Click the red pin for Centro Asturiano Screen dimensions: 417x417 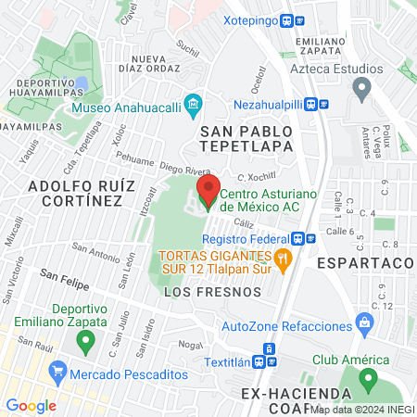[207, 193]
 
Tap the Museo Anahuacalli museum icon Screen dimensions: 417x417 [193, 102]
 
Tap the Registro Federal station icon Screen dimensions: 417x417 [310, 236]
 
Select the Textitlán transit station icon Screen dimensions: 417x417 [270, 347]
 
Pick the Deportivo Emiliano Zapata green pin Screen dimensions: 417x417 [86, 342]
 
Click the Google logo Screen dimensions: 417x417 [31, 405]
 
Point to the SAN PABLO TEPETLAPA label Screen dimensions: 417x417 [246, 138]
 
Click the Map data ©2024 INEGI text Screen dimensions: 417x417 [361, 409]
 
